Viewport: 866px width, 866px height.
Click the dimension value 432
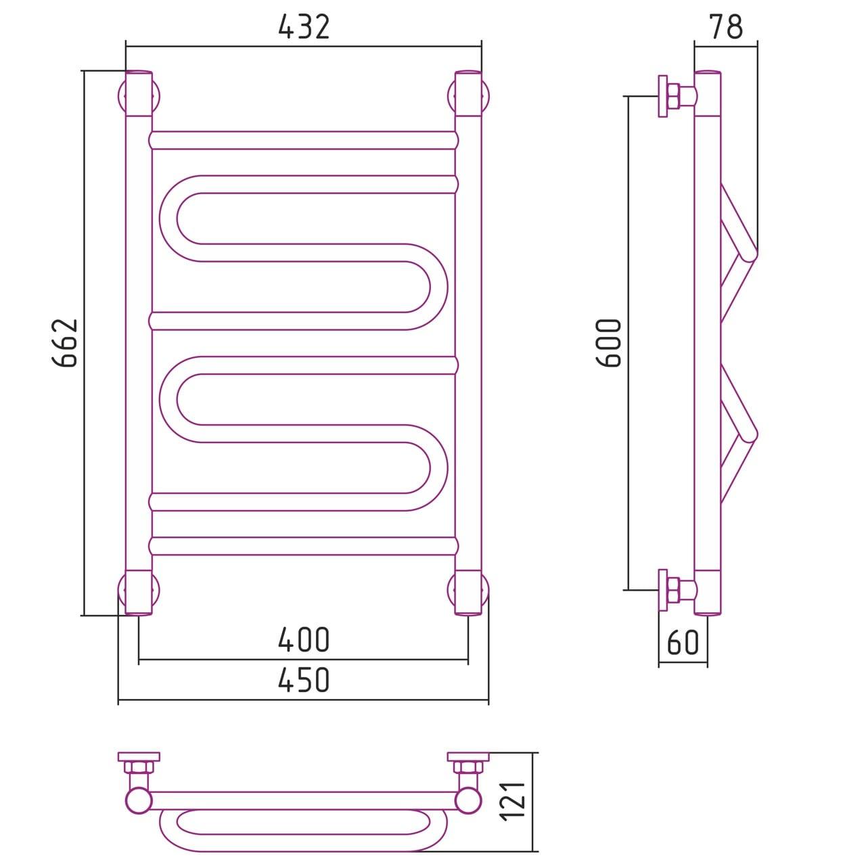tap(304, 27)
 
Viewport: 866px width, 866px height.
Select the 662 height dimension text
tap(66, 343)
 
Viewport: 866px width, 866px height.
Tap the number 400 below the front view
tap(304, 640)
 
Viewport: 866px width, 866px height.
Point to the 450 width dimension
tap(304, 680)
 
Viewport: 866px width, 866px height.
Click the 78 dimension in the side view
tap(726, 26)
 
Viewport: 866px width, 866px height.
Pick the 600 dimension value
tap(608, 343)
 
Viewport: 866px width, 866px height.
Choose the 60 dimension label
tap(683, 643)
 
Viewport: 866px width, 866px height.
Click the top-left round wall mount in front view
tap(139, 97)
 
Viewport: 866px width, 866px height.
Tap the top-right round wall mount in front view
tap(468, 97)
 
